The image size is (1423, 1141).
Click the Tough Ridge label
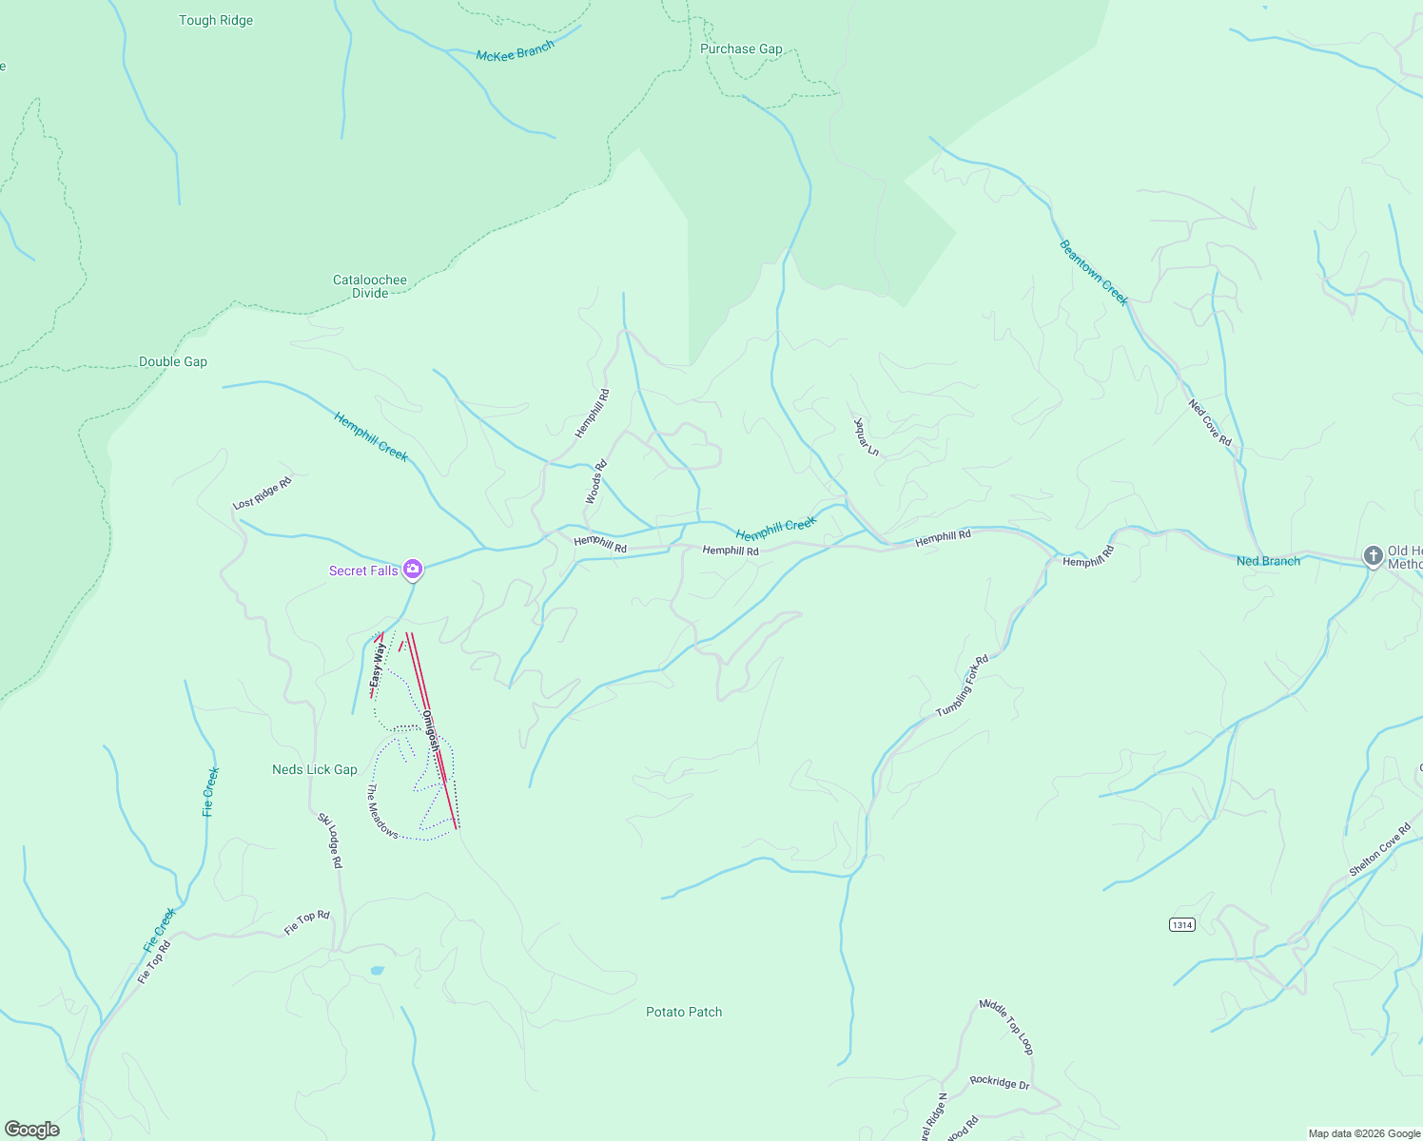216,20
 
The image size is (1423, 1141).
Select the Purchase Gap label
741,48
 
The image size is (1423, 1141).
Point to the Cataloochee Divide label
370,286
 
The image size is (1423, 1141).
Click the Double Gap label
173,361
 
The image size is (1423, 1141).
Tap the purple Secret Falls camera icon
413,570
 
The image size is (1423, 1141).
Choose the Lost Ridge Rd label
263,493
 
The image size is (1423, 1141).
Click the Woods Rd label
596,482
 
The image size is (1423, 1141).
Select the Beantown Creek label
1094,273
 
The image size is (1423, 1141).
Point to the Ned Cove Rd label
1210,422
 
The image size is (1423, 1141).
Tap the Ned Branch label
1268,561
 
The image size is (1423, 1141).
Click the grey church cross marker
1373,555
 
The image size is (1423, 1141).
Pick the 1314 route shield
1181,924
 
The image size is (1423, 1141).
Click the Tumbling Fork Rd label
963,686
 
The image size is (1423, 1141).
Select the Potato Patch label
684,1012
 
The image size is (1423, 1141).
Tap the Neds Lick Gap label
315,769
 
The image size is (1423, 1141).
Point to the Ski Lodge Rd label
330,841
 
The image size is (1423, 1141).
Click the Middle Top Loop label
1006,1026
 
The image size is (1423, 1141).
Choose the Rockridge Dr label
1000,1082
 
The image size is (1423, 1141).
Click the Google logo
32,1130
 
